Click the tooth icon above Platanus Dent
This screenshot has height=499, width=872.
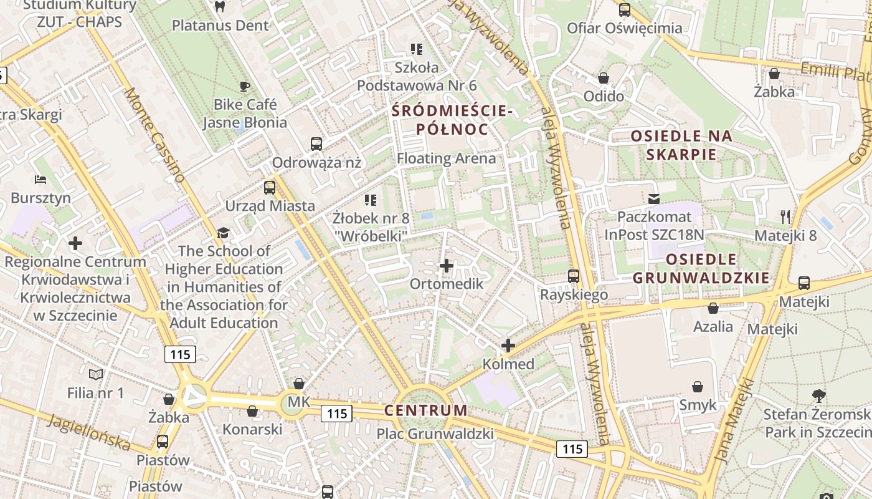[219, 7]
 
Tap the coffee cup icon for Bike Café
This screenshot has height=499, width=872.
[245, 86]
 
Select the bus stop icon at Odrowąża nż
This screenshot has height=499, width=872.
[316, 144]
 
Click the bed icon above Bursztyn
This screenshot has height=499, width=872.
[40, 180]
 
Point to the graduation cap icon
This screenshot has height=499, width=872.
[223, 233]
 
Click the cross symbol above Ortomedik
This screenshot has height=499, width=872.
[447, 266]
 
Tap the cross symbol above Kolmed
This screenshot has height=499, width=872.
[508, 346]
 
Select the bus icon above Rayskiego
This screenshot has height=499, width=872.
[574, 276]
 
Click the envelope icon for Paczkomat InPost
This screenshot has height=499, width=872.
[654, 199]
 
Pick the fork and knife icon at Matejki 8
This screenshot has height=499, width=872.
[785, 217]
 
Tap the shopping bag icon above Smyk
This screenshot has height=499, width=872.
[698, 387]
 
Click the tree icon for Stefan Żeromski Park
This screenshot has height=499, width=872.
[818, 395]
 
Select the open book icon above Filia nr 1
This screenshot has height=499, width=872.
[95, 374]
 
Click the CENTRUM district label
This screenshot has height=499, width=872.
[425, 410]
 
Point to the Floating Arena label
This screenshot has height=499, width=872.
[447, 158]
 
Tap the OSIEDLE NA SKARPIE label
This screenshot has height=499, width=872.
[681, 145]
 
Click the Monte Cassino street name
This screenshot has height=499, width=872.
[155, 135]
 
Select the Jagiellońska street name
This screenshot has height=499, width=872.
[90, 432]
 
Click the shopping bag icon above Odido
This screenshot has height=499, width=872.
[604, 79]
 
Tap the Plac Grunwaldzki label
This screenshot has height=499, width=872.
[435, 434]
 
